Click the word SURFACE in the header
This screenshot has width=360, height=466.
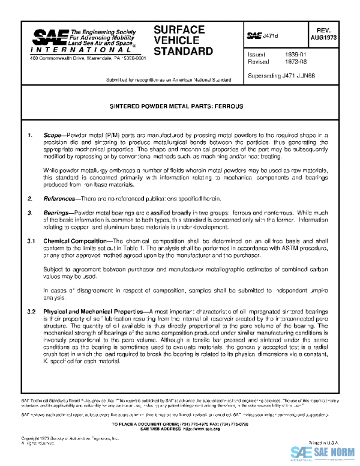click(x=179, y=29)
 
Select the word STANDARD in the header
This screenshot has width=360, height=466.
click(x=183, y=51)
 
